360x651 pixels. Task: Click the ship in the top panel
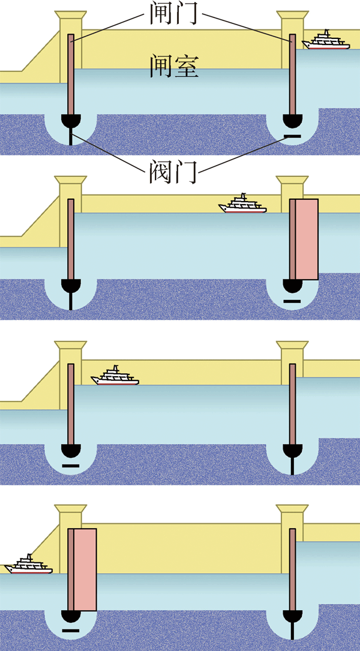pos(326,41)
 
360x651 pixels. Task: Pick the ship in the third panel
pos(115,376)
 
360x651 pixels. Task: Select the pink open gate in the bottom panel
pos(84,569)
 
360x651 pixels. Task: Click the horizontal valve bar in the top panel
pos(292,137)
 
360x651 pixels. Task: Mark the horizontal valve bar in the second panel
pos(292,301)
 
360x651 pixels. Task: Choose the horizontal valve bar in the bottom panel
pos(70,631)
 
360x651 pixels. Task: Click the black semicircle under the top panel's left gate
pos(71,121)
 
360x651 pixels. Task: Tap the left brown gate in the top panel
pos(71,75)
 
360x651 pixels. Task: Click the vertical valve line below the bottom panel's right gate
pos(292,631)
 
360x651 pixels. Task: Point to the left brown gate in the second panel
pos(71,240)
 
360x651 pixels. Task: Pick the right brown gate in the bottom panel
pos(292,570)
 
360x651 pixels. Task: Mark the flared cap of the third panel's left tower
pos(71,347)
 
